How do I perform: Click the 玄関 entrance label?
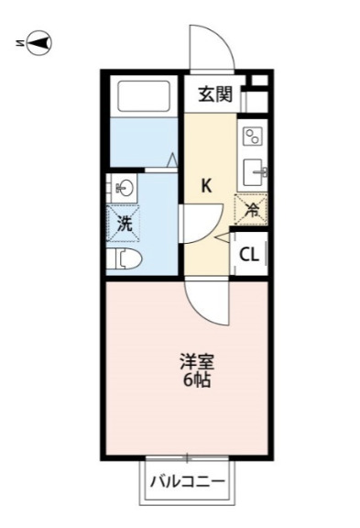click(217, 93)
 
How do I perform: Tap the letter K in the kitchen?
click(207, 185)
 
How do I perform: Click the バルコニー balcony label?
click(187, 480)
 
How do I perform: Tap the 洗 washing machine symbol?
click(125, 222)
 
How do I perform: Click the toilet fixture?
click(124, 258)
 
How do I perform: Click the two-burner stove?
click(251, 137)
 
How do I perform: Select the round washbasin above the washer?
click(125, 188)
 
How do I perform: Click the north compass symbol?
click(39, 41)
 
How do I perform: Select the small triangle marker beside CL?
click(222, 237)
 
